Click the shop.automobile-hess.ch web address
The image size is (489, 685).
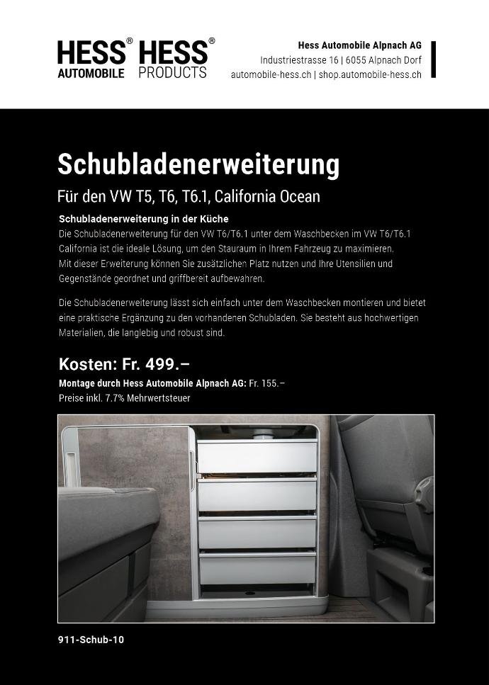click(x=370, y=74)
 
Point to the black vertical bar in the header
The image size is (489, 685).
click(x=433, y=60)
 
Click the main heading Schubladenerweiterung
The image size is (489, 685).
click(x=198, y=164)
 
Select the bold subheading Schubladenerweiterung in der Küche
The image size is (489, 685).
click(x=144, y=219)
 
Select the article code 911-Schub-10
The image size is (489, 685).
click(x=91, y=640)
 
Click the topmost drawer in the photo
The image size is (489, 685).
click(x=257, y=457)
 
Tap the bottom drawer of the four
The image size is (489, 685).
click(x=257, y=568)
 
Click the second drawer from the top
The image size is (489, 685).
click(x=257, y=494)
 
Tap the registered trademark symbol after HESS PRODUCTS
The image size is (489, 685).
click(x=212, y=42)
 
